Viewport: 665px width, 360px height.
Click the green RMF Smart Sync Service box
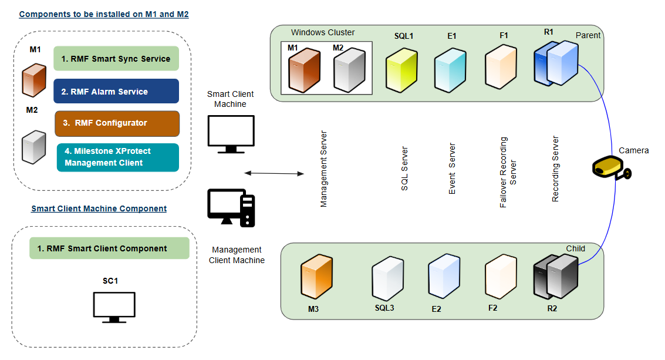(116, 59)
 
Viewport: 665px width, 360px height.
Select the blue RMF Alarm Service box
(116, 92)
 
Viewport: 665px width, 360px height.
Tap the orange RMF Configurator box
(117, 123)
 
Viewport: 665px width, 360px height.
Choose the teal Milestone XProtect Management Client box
(117, 157)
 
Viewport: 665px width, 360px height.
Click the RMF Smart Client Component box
(109, 248)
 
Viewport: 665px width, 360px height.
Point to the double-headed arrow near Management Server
(274, 173)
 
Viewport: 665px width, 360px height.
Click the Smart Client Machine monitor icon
(231, 134)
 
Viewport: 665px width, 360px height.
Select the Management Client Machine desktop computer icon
(231, 207)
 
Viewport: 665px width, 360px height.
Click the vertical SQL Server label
(404, 169)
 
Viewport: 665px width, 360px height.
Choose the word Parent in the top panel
(588, 35)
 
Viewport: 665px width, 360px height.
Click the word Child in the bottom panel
(575, 248)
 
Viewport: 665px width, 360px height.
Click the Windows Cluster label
(323, 32)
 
